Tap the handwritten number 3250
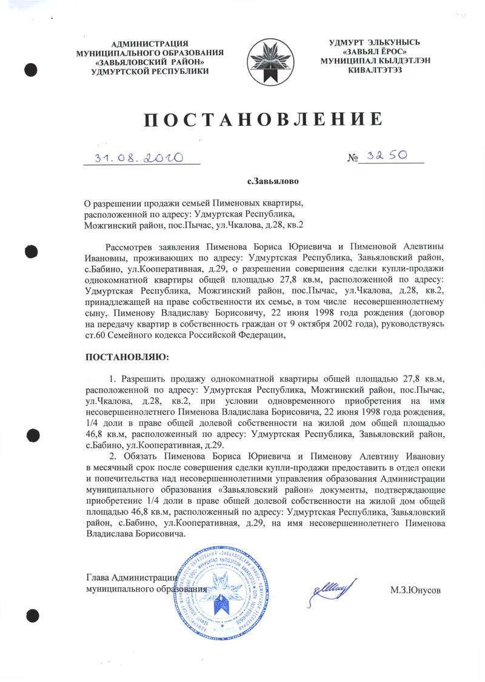point(388,156)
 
